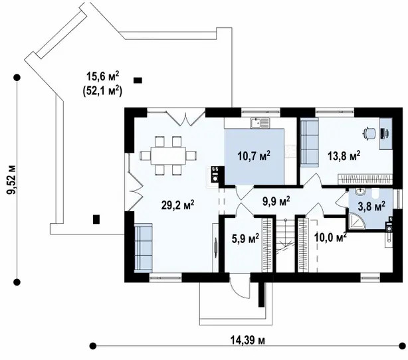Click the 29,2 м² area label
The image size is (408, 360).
pos(177,205)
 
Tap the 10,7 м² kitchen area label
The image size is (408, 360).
pos(254,156)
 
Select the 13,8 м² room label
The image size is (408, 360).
pos(344,156)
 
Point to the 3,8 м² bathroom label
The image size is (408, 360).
pos(371,207)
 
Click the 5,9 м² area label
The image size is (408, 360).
pos(245,238)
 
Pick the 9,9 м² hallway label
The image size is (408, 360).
pos(276,201)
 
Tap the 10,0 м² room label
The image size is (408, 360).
pos(330,237)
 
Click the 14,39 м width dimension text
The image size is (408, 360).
pos(247,340)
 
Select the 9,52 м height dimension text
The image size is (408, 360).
pos(11,179)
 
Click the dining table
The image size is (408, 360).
pos(168,155)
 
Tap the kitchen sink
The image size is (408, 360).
pos(260,123)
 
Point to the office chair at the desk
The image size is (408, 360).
pos(369,133)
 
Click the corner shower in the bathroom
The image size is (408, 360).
pos(356,222)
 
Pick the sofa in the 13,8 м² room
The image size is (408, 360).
pos(309,142)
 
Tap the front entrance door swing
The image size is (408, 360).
pos(240,288)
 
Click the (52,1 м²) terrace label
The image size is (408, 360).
pos(102,91)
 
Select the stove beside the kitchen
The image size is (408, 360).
pos(215,174)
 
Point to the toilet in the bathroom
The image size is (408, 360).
pos(376,194)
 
